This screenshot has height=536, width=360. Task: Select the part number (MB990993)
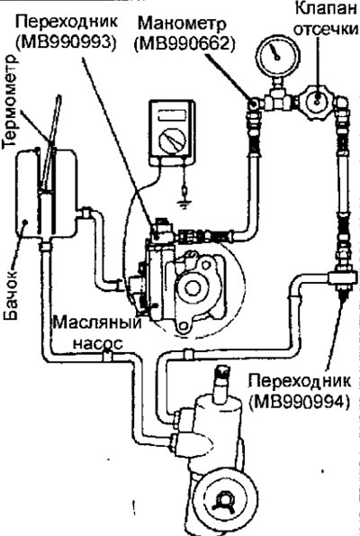[65, 41]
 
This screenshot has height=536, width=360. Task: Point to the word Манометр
[183, 24]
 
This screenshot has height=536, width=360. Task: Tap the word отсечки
[326, 30]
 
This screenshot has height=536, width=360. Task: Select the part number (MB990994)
[300, 402]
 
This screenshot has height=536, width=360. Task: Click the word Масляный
[96, 323]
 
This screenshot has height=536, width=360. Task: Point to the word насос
[98, 343]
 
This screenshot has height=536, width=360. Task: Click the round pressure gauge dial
[278, 54]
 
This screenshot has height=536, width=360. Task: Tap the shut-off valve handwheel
[318, 100]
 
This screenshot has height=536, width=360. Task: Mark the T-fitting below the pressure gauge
[278, 99]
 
